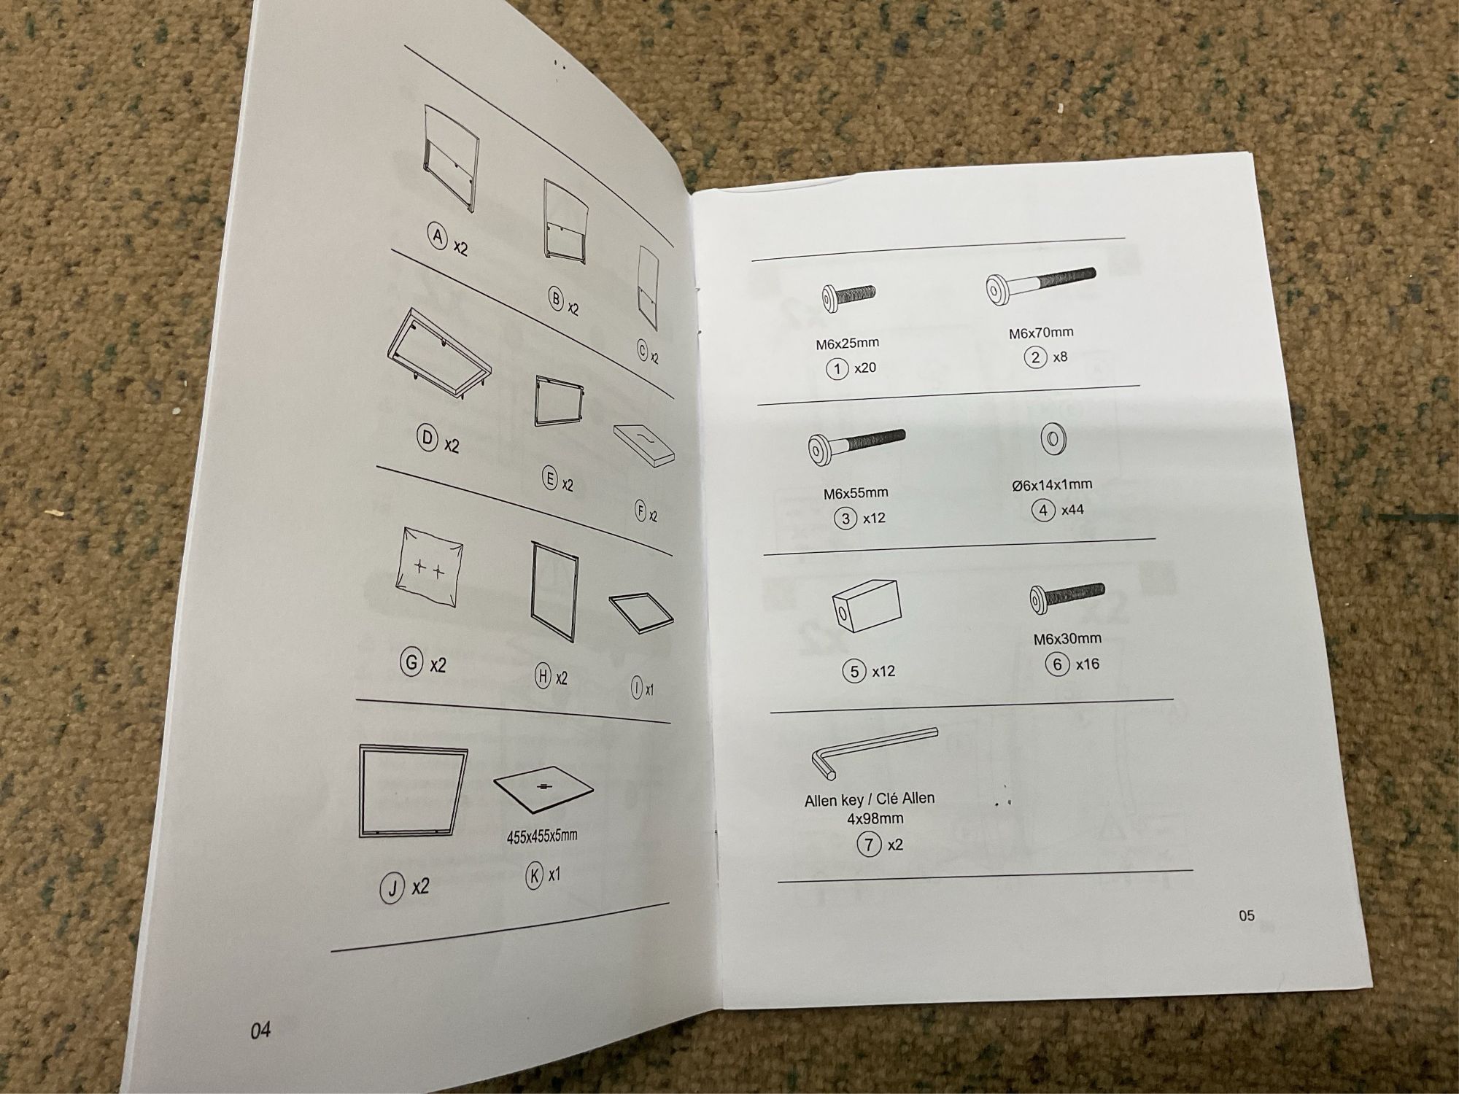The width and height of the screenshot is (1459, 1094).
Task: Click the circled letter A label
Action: click(x=438, y=238)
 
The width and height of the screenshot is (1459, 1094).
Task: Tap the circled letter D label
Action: click(x=427, y=438)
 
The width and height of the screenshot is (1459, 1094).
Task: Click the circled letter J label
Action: click(x=392, y=888)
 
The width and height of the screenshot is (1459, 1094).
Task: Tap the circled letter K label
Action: click(x=535, y=875)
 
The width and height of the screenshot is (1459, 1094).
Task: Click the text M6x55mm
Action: click(x=856, y=493)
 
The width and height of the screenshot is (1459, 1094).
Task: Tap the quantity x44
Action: click(x=1072, y=510)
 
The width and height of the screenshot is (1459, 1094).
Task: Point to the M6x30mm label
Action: click(x=1067, y=639)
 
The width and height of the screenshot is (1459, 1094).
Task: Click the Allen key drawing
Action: click(x=872, y=751)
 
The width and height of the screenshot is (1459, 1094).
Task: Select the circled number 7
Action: click(x=868, y=845)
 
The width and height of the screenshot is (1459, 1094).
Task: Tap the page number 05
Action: click(x=1247, y=915)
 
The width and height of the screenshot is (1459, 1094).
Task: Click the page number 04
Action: click(x=260, y=1030)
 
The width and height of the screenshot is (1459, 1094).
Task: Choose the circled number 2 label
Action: click(x=1036, y=358)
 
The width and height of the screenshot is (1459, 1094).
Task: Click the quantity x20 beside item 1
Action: click(x=864, y=368)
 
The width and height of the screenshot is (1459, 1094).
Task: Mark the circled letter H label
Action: click(x=543, y=677)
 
